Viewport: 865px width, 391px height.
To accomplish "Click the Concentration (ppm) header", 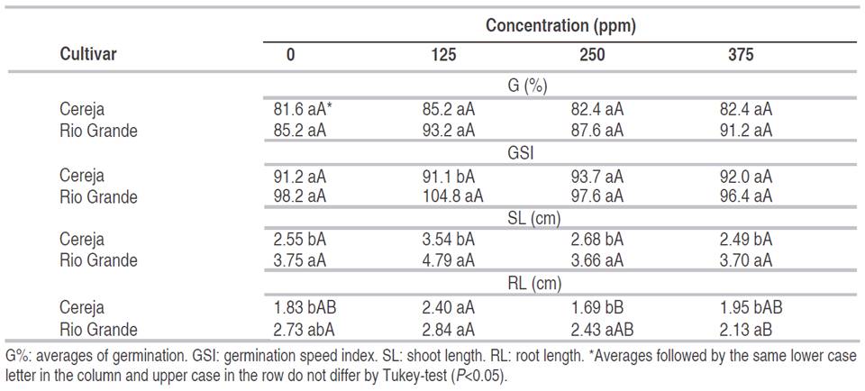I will (560, 25).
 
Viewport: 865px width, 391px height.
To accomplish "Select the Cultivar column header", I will (88, 54).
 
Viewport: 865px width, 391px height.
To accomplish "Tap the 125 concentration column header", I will (442, 55).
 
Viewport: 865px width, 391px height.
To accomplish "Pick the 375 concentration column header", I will (741, 55).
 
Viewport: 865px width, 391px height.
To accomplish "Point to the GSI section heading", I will (520, 154).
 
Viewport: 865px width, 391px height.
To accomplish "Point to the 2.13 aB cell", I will (743, 329).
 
